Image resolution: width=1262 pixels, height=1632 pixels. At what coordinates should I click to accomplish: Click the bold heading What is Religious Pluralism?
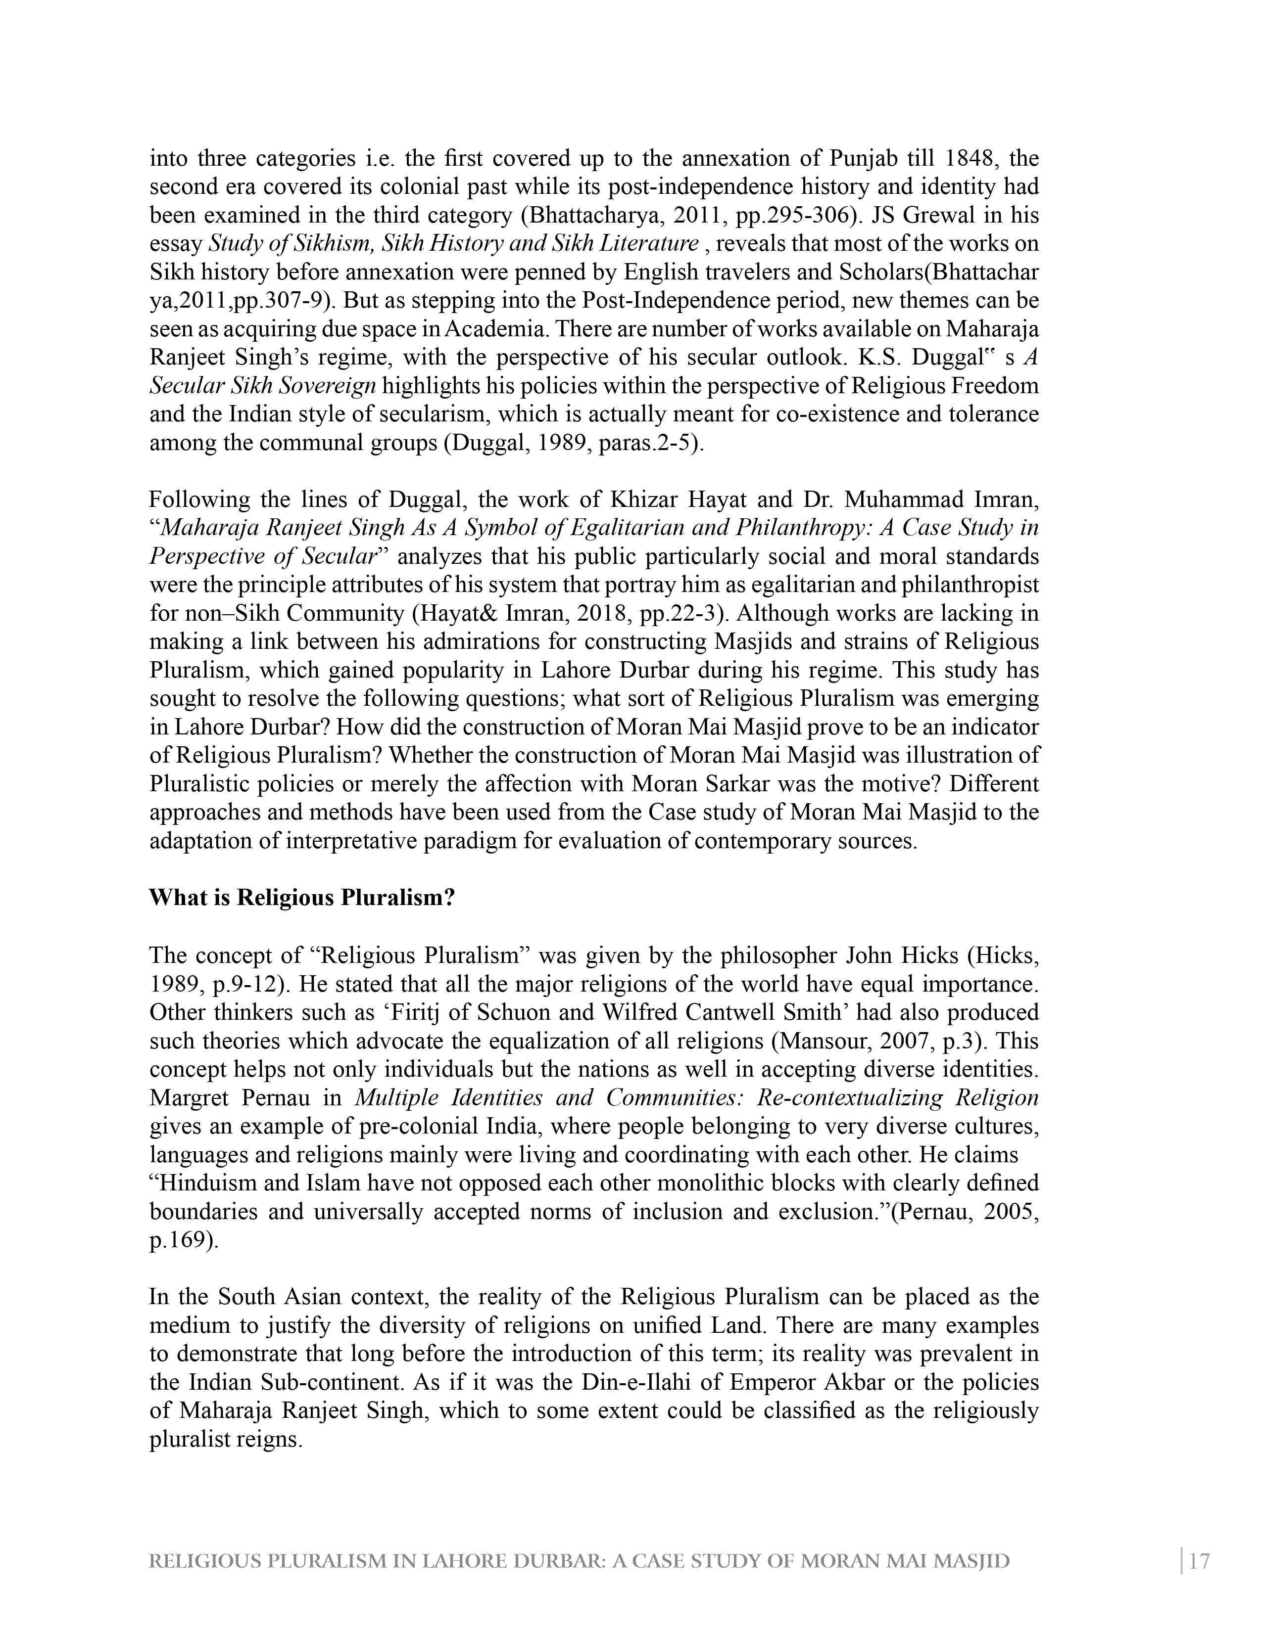[302, 898]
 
